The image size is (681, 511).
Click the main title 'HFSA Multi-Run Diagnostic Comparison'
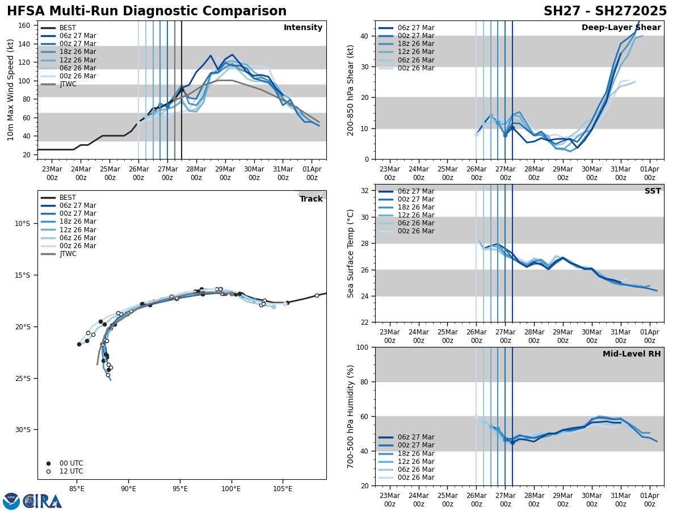pos(146,11)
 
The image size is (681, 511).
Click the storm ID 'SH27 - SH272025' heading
pos(605,11)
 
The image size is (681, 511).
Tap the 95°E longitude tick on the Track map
pos(180,487)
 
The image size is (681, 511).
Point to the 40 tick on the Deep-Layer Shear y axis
pos(366,36)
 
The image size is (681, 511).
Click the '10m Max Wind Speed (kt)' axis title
pos(11,90)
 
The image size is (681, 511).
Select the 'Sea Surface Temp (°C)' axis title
pos(351,253)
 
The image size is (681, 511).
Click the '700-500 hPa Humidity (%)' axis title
pos(351,416)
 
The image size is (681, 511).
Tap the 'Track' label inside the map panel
pos(311,199)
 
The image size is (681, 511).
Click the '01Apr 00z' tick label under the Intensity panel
pos(312,173)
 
